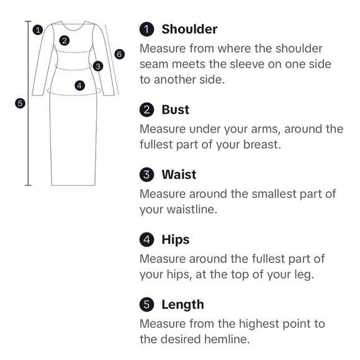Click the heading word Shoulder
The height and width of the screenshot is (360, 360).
(x=189, y=29)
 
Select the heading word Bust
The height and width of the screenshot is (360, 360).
(x=176, y=109)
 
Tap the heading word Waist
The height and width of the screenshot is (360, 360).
(x=179, y=174)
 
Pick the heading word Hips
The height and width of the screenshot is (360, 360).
(x=176, y=240)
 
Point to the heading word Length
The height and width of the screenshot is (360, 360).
(x=182, y=305)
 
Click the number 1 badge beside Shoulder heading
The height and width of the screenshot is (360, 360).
(x=146, y=29)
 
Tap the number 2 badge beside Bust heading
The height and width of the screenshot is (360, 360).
(x=146, y=109)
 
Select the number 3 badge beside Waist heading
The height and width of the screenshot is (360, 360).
(x=146, y=174)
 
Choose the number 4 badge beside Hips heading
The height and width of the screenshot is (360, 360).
(x=146, y=240)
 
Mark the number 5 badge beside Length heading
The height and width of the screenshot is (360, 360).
(x=146, y=304)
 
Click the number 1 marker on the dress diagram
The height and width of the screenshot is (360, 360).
(x=38, y=30)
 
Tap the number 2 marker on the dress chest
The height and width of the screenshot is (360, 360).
(x=65, y=40)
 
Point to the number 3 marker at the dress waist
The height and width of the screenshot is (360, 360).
(x=98, y=66)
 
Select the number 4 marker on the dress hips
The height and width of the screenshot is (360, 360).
(x=79, y=86)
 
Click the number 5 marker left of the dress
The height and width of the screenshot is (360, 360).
(x=20, y=103)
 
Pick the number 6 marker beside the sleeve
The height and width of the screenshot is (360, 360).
(x=119, y=54)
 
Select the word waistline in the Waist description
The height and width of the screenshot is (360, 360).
(x=192, y=209)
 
